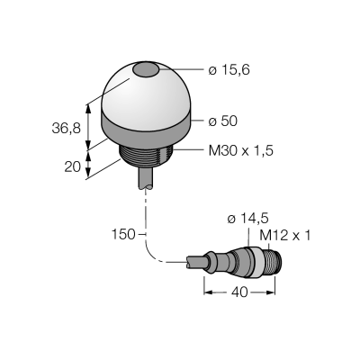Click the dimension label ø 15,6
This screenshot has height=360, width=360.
229,70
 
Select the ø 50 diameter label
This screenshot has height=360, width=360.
223,121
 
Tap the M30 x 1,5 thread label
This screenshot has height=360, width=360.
241,151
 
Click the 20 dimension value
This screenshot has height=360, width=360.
73,166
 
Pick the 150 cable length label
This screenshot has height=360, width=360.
123,234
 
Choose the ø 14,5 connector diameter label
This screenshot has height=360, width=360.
247,219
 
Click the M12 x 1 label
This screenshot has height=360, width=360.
284,236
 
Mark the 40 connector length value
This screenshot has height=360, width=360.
240,292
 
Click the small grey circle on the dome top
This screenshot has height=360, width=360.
146,70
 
